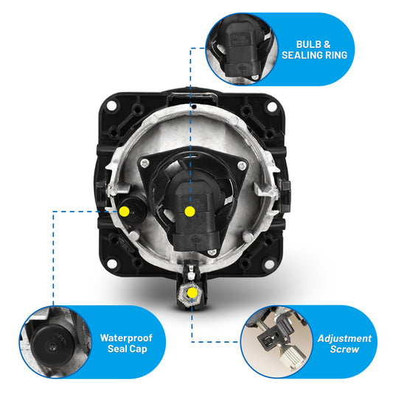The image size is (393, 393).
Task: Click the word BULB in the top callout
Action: point(309,44)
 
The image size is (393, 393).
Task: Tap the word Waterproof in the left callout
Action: point(126,338)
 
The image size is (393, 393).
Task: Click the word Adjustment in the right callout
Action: point(344,338)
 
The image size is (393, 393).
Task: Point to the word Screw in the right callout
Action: point(344,349)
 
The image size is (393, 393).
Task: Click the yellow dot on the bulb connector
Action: point(190,212)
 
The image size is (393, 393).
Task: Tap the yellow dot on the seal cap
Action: point(125,212)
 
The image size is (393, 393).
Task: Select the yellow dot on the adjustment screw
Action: point(192,293)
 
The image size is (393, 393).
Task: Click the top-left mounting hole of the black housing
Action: point(111,105)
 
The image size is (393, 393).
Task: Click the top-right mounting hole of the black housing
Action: point(272,107)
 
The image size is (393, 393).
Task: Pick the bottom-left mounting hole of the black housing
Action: point(112,263)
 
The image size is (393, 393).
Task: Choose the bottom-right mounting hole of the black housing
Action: point(268,264)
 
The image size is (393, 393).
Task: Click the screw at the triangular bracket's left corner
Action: point(145,164)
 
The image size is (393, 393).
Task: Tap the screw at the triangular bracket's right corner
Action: point(242,165)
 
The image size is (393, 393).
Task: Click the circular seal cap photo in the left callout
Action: point(55,342)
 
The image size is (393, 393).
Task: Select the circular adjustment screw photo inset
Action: point(277,342)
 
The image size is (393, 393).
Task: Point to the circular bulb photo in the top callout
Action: point(242,49)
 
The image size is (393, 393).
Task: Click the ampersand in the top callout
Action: point(327,44)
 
